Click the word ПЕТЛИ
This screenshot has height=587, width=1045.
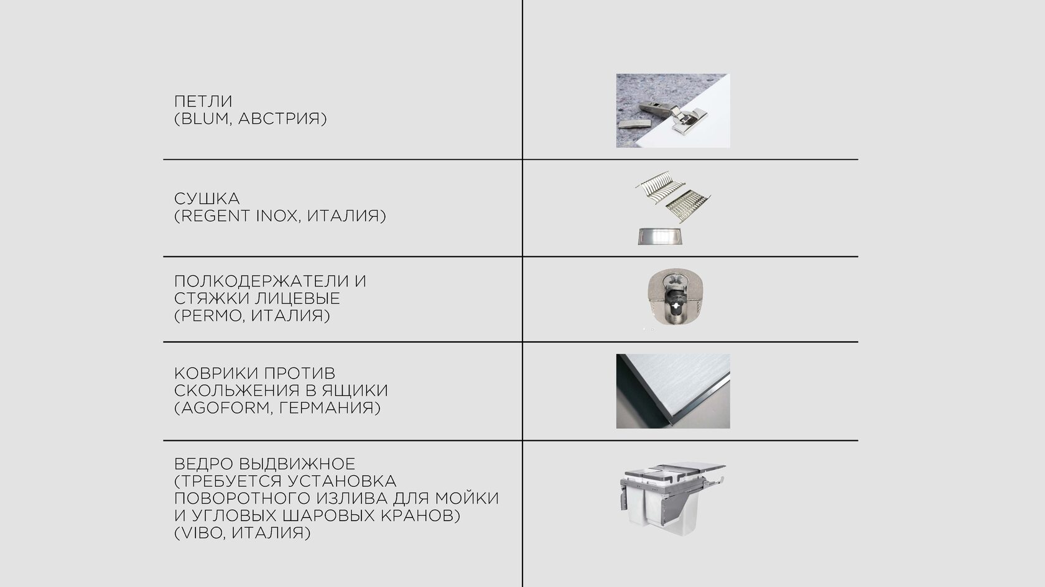point(203,101)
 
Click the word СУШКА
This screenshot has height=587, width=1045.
point(207,198)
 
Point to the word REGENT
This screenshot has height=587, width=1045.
point(215,216)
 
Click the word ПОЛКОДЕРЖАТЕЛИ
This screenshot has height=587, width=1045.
point(261,281)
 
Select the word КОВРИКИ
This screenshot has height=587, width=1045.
point(215,373)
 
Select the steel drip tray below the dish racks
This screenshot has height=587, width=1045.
point(659,236)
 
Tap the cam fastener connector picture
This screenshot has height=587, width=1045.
point(675,297)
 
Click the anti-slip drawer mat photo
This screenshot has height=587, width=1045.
point(673,391)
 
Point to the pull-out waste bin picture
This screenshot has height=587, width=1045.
point(672,498)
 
